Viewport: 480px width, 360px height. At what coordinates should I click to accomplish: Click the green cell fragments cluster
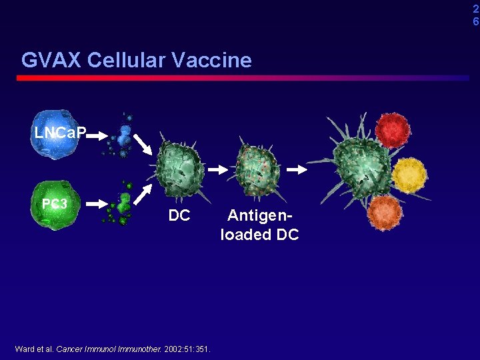point(120,204)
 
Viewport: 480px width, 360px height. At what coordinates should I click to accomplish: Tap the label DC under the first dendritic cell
point(179,216)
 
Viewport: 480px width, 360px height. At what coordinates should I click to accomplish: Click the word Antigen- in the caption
point(259,216)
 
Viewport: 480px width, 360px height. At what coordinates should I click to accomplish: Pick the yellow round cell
point(408,175)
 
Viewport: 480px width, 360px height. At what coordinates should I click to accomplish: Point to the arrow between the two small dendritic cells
point(218,170)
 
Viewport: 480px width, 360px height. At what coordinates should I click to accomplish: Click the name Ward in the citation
point(25,349)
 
